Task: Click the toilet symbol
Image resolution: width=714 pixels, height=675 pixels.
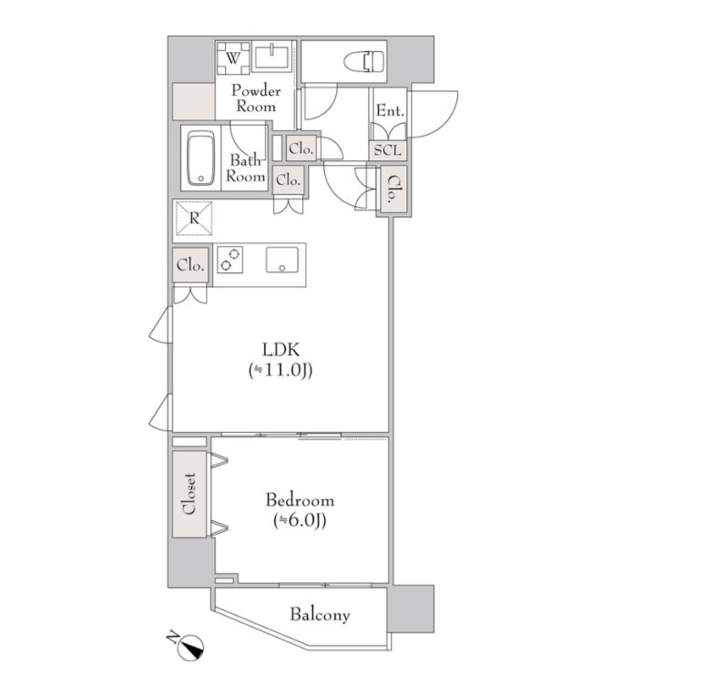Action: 364,62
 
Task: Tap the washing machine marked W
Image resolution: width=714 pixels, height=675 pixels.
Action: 233,58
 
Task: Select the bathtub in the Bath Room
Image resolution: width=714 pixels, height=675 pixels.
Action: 200,159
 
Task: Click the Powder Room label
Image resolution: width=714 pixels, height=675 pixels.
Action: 255,98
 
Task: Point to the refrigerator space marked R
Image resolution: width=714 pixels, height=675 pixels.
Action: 195,219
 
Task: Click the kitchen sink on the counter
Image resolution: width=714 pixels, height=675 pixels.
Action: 282,260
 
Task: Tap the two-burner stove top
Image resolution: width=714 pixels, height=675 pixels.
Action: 229,260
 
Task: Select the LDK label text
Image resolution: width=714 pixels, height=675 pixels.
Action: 280,350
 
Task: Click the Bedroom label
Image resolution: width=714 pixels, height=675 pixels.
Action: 300,500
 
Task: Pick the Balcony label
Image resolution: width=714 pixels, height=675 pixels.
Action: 321,615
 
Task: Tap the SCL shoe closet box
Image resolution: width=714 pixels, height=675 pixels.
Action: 388,149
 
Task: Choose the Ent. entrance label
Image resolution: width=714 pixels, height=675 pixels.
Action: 390,111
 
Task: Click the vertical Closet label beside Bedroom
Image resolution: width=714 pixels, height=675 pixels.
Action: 189,494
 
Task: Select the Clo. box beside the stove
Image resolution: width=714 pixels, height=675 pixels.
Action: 190,265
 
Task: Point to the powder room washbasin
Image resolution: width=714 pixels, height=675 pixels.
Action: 271,57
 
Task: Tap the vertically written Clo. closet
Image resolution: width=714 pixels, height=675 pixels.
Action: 392,189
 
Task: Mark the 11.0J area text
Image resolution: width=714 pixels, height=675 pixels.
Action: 280,371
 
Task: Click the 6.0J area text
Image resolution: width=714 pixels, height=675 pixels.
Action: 300,521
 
